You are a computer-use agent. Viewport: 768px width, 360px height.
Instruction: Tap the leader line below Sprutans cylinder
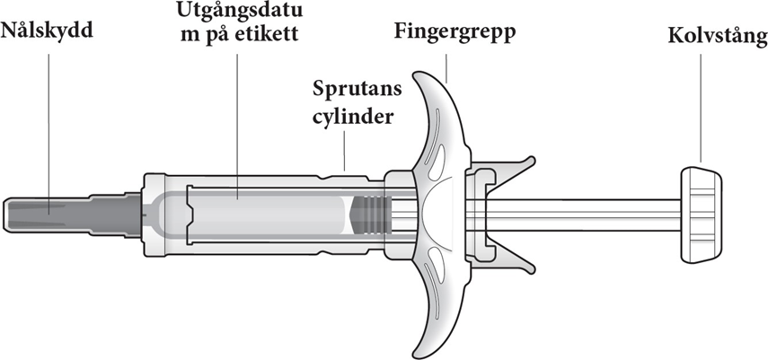pyautogui.click(x=344, y=153)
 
